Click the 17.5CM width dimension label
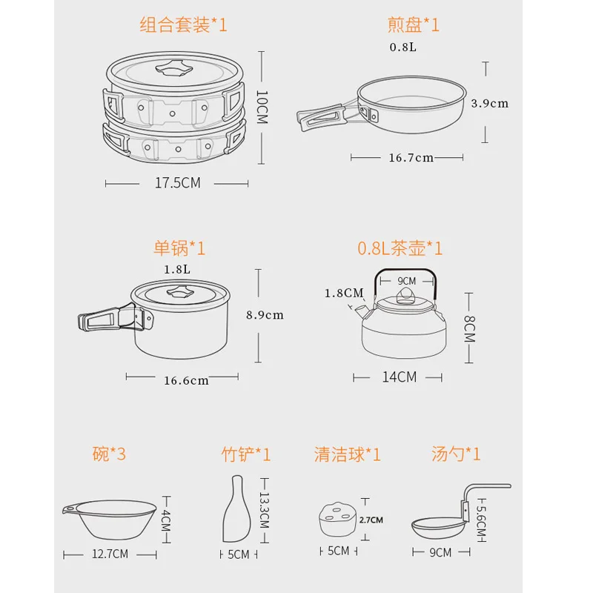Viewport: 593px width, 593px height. (x=178, y=183)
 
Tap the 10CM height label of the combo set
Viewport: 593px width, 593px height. (x=262, y=107)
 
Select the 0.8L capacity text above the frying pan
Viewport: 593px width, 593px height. (x=403, y=47)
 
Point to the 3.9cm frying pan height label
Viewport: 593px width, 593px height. (x=490, y=104)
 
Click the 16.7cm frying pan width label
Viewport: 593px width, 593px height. (x=411, y=158)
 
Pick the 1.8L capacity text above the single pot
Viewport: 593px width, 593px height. (x=177, y=270)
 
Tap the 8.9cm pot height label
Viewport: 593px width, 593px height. (x=265, y=315)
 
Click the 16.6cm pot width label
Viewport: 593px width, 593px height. (x=186, y=380)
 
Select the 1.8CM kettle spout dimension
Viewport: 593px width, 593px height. (x=344, y=293)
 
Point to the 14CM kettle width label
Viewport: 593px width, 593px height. (x=400, y=377)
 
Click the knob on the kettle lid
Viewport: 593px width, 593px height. (x=405, y=295)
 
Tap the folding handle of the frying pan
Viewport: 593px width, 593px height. (x=322, y=116)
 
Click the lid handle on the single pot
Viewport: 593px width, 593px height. (x=180, y=292)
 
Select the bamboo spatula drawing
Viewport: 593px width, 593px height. (x=236, y=509)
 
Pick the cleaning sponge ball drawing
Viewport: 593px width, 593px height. (x=338, y=519)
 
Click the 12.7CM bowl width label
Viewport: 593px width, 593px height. (x=110, y=554)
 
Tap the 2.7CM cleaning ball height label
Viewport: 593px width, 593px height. (x=371, y=520)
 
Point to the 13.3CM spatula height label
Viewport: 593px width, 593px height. (x=265, y=510)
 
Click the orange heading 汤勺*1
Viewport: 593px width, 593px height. (x=456, y=454)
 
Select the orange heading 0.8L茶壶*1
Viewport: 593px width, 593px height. (x=400, y=248)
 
